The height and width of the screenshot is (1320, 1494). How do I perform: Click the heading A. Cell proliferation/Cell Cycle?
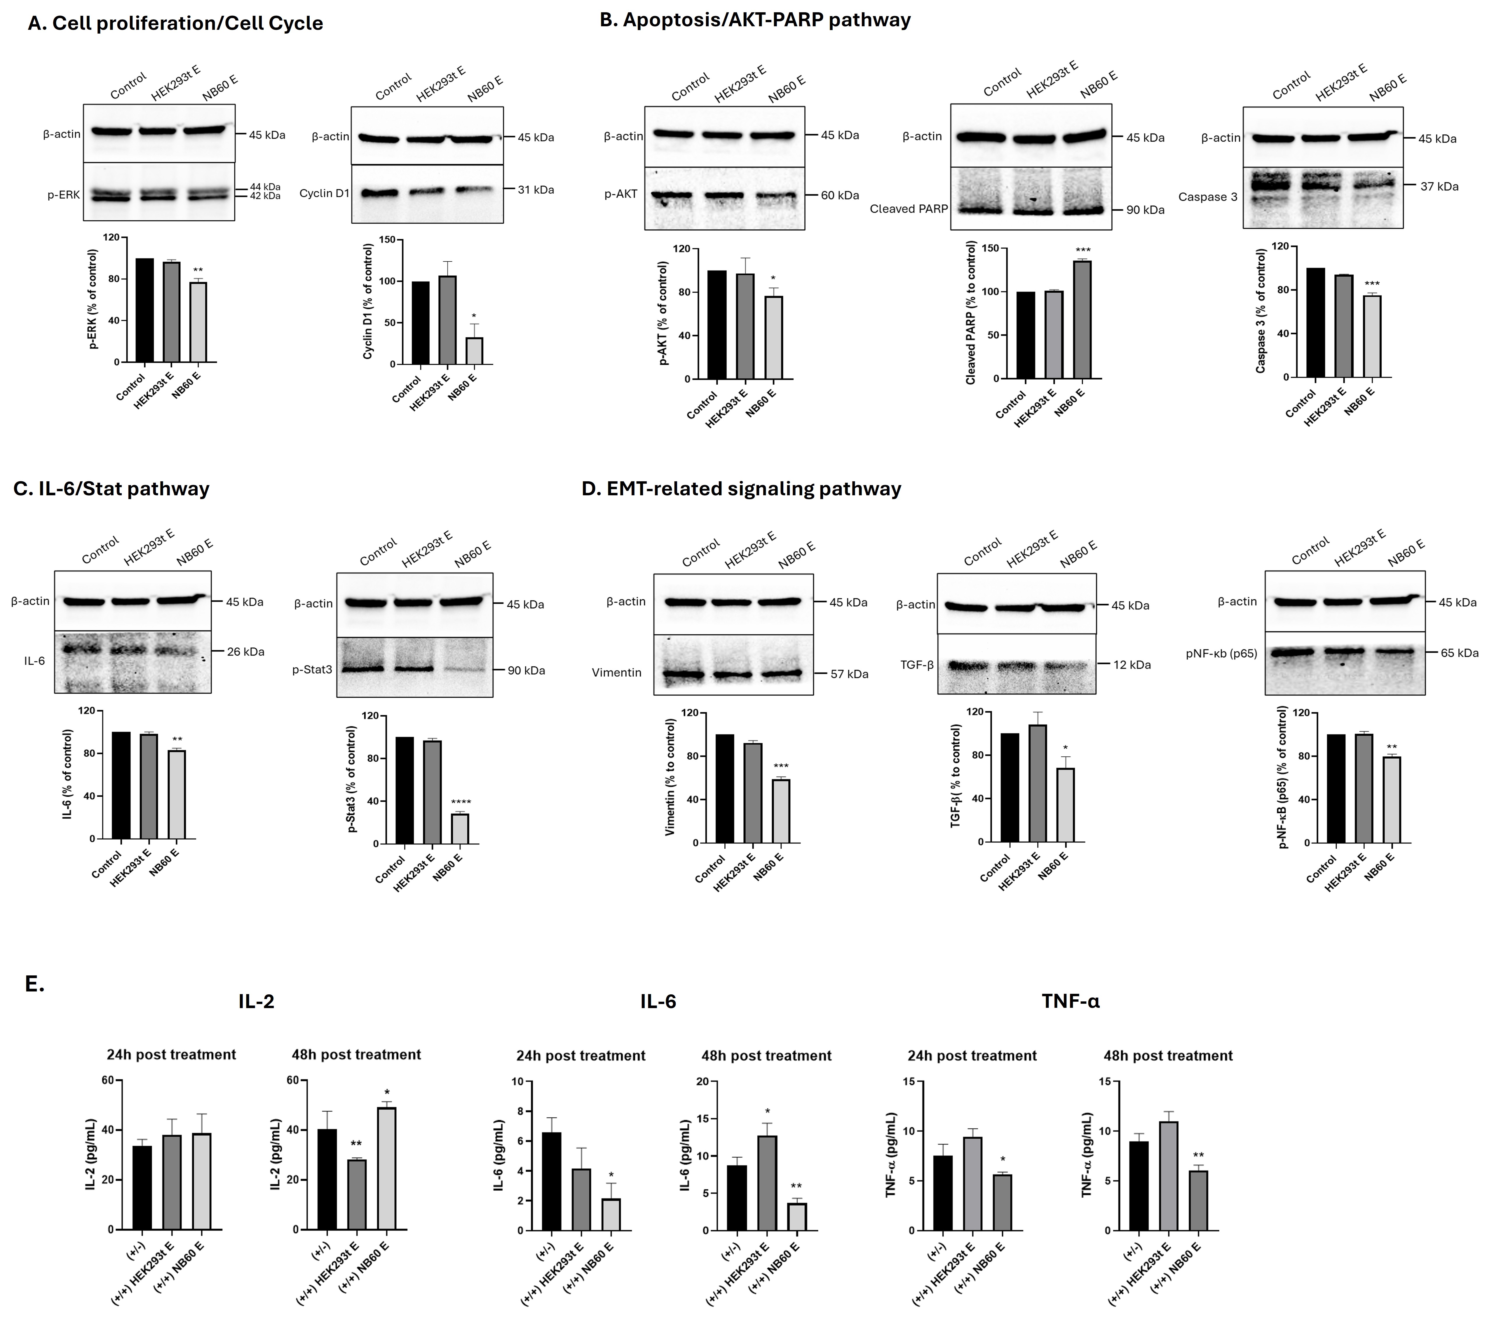pyautogui.click(x=175, y=23)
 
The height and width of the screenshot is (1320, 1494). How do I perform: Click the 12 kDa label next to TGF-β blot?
pyautogui.click(x=1132, y=665)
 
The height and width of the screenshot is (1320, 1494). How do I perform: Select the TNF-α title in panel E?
pyautogui.click(x=1070, y=1001)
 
